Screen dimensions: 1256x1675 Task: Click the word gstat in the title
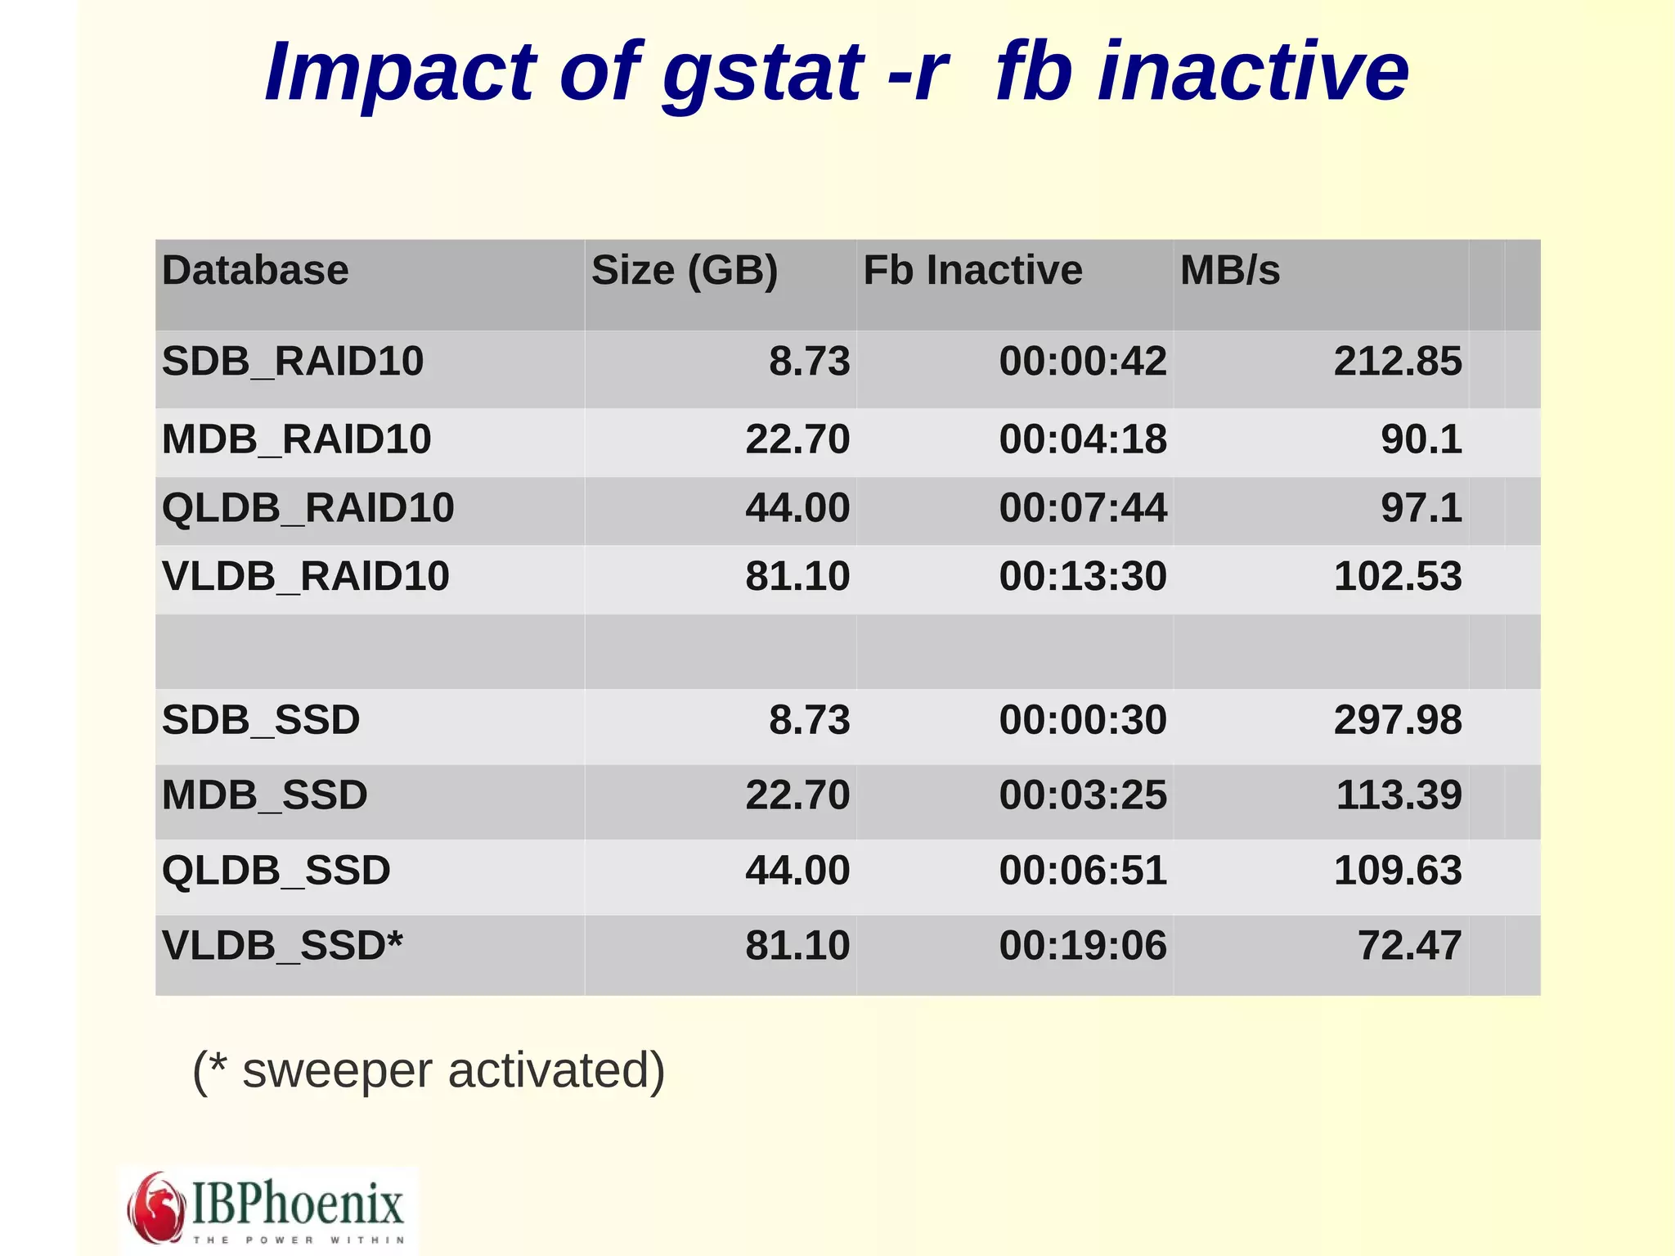tap(762, 74)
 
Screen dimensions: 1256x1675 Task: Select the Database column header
tap(255, 270)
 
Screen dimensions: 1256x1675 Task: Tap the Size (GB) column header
tap(685, 270)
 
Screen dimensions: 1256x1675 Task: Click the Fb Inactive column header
tap(972, 270)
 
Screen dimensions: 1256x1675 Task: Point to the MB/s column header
tap(1230, 270)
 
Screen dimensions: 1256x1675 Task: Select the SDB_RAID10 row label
tap(293, 361)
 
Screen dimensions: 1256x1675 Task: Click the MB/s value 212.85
tap(1397, 361)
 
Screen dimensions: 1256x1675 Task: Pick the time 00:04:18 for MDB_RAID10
tap(1083, 439)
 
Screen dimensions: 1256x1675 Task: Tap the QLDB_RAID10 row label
tap(308, 507)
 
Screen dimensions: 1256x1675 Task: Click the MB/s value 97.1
tap(1421, 507)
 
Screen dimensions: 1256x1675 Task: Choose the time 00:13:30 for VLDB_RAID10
tap(1083, 576)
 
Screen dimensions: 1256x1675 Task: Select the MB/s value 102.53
tap(1397, 576)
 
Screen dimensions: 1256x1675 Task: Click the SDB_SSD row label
tap(261, 720)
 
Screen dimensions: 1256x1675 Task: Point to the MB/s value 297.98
tap(1397, 720)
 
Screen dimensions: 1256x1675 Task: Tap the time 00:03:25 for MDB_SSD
tap(1083, 795)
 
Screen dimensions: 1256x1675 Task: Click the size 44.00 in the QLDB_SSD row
tap(797, 870)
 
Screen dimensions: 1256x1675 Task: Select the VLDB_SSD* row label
tap(282, 945)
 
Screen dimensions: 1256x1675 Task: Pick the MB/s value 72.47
tap(1408, 945)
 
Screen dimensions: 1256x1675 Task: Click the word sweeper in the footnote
tap(337, 1071)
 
